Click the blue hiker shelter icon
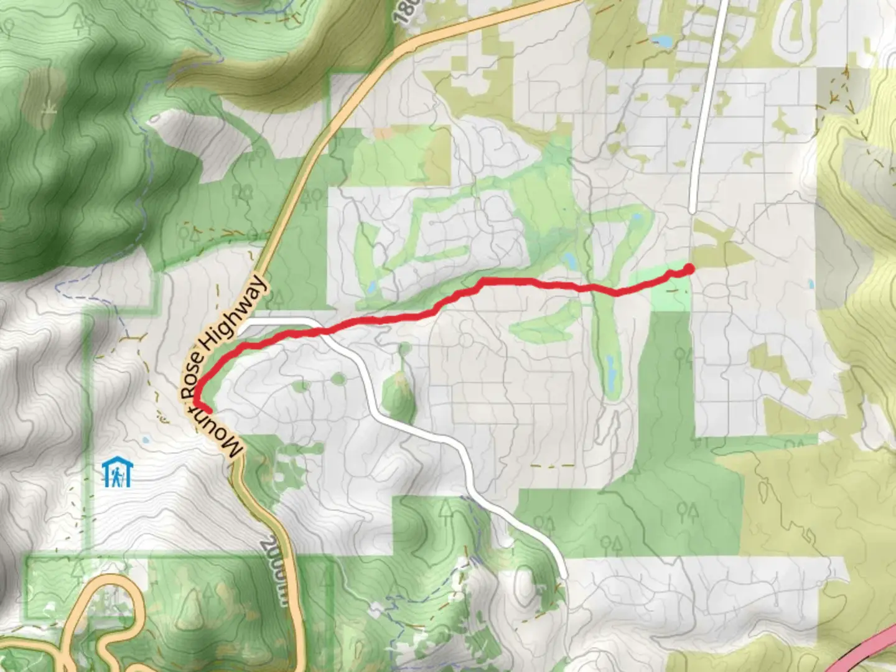pos(116,472)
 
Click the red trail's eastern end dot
pos(689,269)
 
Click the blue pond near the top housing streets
pos(662,42)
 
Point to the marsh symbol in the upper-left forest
pos(47,110)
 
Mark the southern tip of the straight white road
pos(693,212)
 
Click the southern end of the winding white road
pos(563,576)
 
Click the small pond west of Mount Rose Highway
pos(145,439)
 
